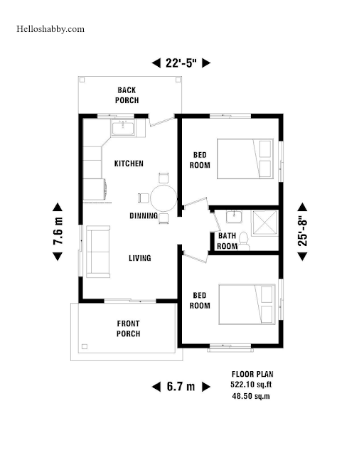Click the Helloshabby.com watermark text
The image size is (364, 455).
coord(50,29)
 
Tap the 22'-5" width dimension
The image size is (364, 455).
coord(181,63)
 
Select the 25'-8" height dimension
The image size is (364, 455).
coord(302,232)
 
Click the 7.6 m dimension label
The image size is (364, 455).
coord(58,231)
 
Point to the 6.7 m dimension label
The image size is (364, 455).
coord(181,387)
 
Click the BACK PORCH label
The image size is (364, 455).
coord(127,95)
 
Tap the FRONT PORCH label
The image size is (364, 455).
coord(128,328)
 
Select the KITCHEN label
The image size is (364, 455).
coord(129,164)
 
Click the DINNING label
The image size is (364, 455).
coord(144,215)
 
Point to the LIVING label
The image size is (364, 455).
coord(140,258)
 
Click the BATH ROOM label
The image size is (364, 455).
coord(227,241)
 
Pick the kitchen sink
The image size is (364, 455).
coord(123,128)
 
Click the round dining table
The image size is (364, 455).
coord(164,198)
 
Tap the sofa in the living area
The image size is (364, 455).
coord(98,252)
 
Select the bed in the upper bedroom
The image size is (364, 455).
coord(245,159)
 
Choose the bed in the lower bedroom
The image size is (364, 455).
coord(247,304)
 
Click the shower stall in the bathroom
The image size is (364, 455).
coord(264,223)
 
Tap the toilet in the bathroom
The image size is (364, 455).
coord(243,241)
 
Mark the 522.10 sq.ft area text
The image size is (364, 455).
coord(251,385)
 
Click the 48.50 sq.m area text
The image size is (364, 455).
coord(251,396)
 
